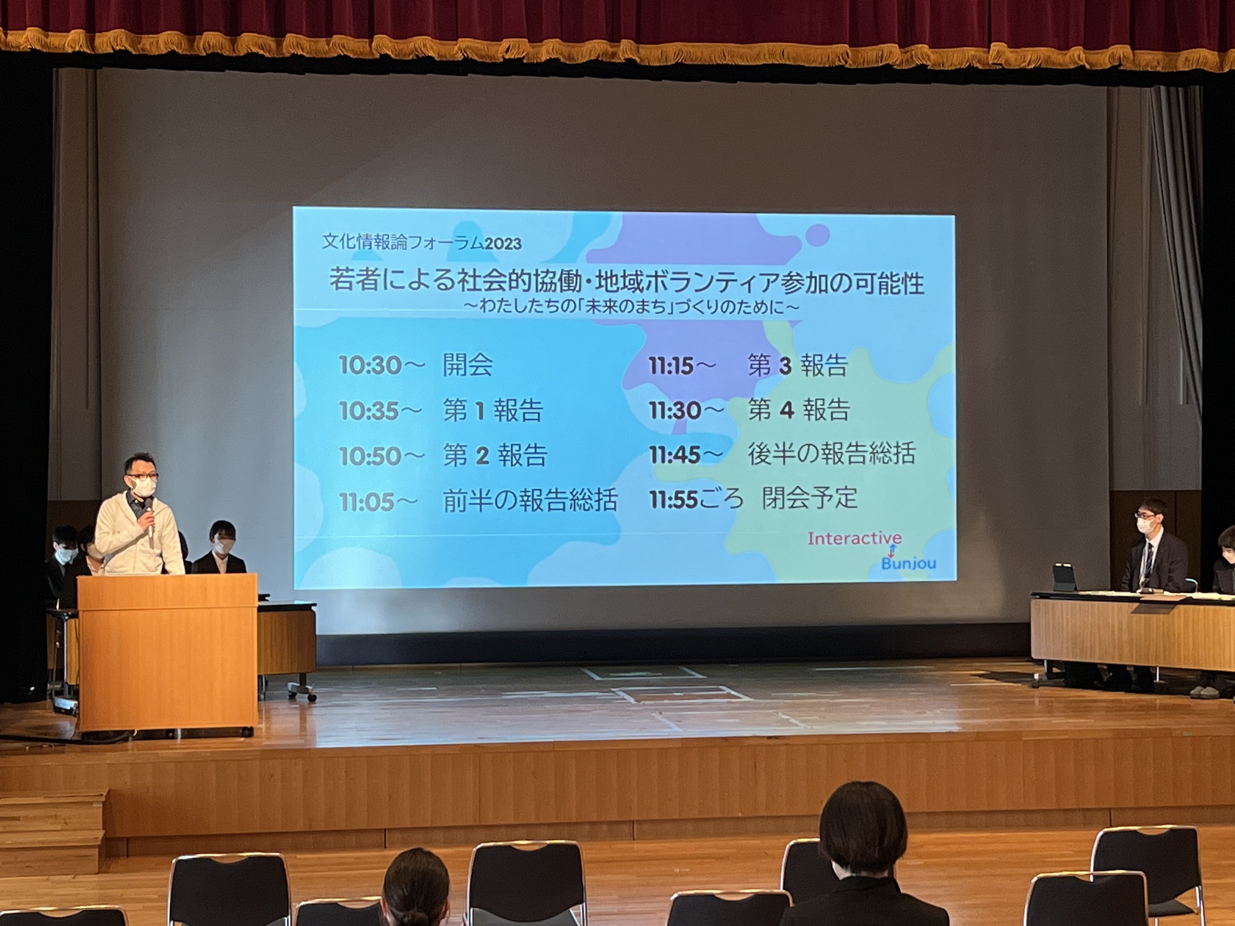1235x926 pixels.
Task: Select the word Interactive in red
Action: (854, 539)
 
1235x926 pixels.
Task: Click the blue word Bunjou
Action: (908, 563)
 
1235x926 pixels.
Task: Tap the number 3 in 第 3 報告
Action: (785, 366)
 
